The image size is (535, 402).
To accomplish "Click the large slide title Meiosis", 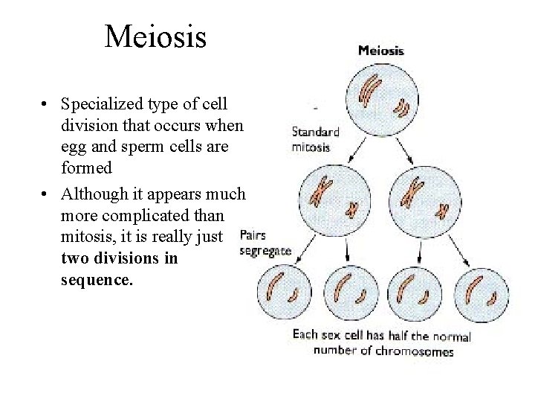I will [155, 36].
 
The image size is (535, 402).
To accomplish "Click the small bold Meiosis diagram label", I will [381, 51].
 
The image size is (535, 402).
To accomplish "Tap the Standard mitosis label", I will [315, 139].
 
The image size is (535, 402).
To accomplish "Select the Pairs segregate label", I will [265, 243].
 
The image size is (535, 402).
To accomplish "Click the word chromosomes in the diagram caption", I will [415, 351].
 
